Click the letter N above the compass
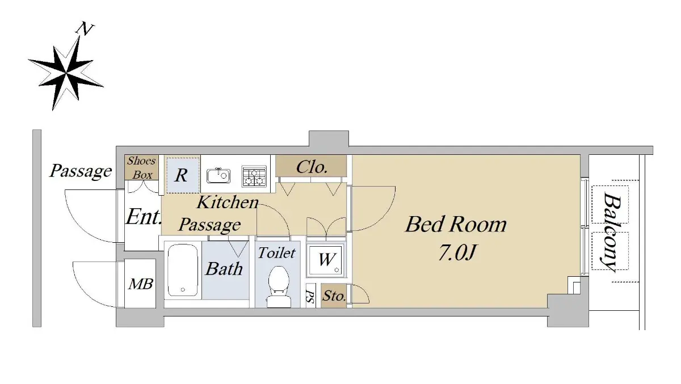coord(85,29)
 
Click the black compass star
coord(66,73)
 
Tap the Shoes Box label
coord(142,168)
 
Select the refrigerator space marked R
coord(182,175)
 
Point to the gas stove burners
coord(254,176)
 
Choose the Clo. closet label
coord(312,167)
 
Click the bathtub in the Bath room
coord(182,270)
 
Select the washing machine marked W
coord(326,260)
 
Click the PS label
coord(310,296)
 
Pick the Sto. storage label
coord(334,296)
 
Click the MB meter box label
coord(141,284)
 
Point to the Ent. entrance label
coord(144,217)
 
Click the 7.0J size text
coord(456,252)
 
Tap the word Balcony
coord(611,232)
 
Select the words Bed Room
coord(456,224)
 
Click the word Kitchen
coord(228,202)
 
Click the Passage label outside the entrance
coord(81,171)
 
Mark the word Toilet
coord(277,253)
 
